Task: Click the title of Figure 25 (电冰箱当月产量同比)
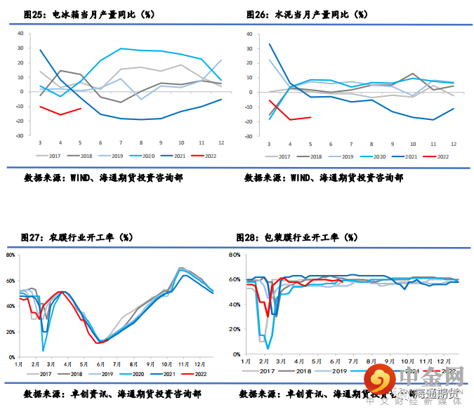[88, 14]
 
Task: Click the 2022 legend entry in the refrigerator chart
[206, 157]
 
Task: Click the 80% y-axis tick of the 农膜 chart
[11, 255]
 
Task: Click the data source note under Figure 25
[103, 178]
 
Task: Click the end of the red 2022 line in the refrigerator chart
[82, 108]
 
